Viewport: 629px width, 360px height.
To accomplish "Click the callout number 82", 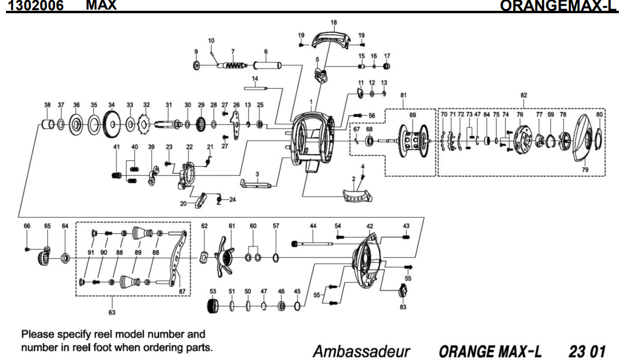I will [x=523, y=95].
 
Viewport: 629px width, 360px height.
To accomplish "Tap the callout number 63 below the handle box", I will [x=112, y=312].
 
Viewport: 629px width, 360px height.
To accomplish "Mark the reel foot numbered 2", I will [x=358, y=194].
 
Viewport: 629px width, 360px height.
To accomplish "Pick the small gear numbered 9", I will [x=196, y=65].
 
